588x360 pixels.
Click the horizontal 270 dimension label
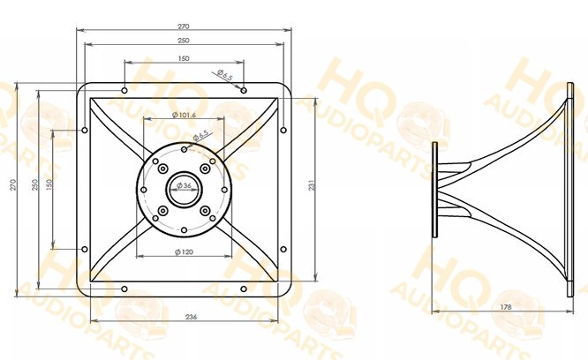(x=184, y=26)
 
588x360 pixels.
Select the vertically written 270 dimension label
(x=13, y=184)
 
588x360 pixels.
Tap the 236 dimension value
(x=192, y=317)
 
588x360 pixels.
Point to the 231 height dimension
(x=312, y=185)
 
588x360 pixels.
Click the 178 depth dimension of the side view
(x=506, y=307)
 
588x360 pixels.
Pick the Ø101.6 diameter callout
(x=184, y=115)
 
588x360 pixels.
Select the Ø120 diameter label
(x=185, y=251)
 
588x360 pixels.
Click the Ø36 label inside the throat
(x=184, y=185)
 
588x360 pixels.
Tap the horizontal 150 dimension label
(x=184, y=58)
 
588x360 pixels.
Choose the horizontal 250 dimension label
(x=184, y=41)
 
